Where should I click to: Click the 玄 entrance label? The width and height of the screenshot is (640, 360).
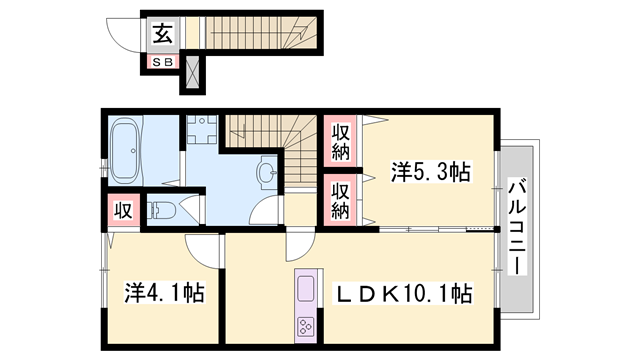coord(163,34)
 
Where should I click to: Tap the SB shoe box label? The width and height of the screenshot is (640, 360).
coord(163,62)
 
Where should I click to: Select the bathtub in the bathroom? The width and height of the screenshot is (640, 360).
coord(127,150)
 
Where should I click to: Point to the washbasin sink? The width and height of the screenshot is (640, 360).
coord(267,172)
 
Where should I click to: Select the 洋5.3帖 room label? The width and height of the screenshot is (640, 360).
coord(431,172)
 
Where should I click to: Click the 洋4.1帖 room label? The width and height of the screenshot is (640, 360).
coord(164,292)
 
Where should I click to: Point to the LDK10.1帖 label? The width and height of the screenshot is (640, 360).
coord(403,293)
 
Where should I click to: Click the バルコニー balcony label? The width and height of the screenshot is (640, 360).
coord(517,226)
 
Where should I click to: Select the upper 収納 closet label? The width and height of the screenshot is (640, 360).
coord(340,141)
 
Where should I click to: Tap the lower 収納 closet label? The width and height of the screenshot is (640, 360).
coord(340,200)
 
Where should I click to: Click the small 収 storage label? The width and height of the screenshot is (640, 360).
coord(123,211)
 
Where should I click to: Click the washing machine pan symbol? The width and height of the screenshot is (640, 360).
coord(202,129)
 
